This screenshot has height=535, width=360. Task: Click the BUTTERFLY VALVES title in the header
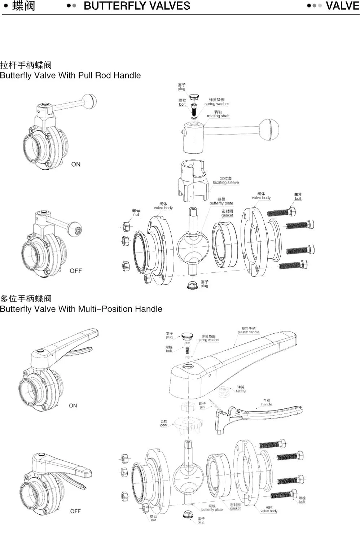[137, 6]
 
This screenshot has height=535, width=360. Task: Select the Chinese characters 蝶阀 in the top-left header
[23, 6]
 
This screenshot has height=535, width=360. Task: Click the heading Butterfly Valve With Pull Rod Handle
[70, 75]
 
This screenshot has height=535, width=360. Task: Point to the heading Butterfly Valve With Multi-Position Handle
[81, 309]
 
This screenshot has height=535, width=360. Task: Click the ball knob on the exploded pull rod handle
[269, 129]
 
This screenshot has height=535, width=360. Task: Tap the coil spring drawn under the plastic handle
[224, 392]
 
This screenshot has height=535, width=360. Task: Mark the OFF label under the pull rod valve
[76, 271]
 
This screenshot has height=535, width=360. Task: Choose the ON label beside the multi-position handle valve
[73, 405]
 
